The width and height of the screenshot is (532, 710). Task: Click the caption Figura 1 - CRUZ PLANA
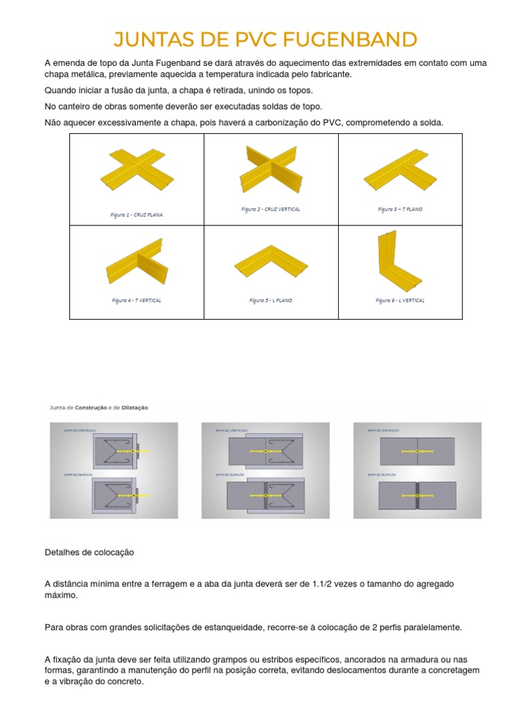click(x=136, y=215)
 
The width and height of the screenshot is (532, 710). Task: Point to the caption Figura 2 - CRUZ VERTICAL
click(x=271, y=209)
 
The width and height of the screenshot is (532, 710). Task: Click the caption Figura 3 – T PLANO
click(x=400, y=209)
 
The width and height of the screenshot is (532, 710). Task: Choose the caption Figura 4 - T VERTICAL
click(x=136, y=300)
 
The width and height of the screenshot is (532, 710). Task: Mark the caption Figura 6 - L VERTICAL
click(x=400, y=300)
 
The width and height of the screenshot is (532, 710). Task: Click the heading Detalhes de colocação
click(x=89, y=553)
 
